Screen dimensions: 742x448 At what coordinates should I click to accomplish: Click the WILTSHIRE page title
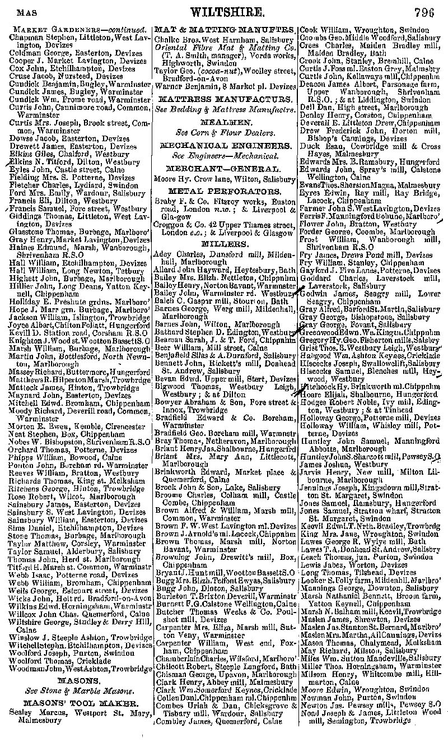pyautogui.click(x=225, y=12)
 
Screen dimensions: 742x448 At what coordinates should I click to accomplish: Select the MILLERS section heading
pyautogui.click(x=224, y=244)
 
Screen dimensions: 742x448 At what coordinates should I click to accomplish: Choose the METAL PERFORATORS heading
pyautogui.click(x=224, y=191)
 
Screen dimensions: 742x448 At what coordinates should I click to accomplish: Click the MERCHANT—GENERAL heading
pyautogui.click(x=224, y=168)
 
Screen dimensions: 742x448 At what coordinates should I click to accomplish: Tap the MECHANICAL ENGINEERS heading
pyautogui.click(x=224, y=145)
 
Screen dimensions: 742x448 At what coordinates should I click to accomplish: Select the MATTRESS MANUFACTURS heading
pyautogui.click(x=224, y=98)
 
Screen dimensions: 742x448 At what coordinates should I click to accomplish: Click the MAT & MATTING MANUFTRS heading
pyautogui.click(x=224, y=29)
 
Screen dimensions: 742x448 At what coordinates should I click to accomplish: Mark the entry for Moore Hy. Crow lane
pyautogui.click(x=224, y=179)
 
